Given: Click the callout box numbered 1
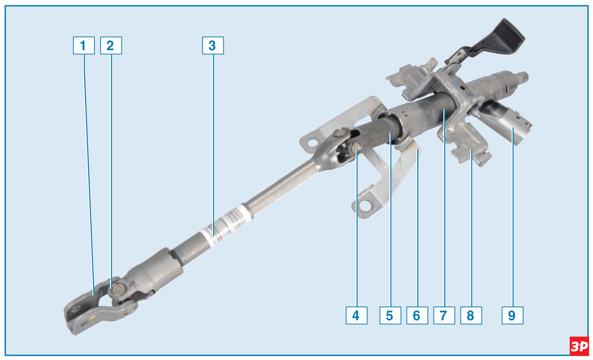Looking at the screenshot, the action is coord(84,45).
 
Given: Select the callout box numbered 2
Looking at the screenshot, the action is coord(111,45).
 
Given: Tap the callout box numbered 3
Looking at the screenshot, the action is coord(213,45).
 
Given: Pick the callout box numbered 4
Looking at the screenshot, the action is coord(356,315).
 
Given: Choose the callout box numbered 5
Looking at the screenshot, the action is coord(390,315).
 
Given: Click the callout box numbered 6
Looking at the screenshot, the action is coord(417,315).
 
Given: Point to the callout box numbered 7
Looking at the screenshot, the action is coord(444,315).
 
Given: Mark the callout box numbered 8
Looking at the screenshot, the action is coord(471,315).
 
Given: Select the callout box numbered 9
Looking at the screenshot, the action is coord(512,315).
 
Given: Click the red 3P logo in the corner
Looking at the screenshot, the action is coord(579,346).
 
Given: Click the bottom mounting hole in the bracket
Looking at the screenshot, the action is coord(365,205).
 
